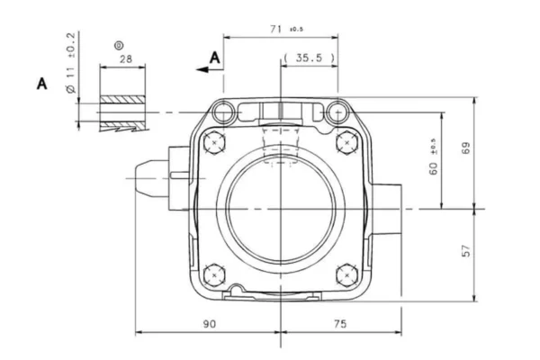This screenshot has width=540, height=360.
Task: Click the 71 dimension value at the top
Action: (276, 30)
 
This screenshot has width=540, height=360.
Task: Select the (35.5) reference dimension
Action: (309, 58)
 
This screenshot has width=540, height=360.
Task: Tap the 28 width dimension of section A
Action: (126, 58)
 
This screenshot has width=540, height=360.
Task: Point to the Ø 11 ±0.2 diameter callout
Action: (70, 63)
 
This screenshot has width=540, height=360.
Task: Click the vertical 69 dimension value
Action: (465, 148)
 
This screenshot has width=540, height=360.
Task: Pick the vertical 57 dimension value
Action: (465, 251)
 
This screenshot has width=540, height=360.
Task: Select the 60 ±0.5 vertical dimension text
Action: (434, 157)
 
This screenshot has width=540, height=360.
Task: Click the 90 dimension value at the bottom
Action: (210, 324)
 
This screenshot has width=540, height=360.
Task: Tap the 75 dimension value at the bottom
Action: (340, 324)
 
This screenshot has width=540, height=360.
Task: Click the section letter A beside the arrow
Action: (215, 58)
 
